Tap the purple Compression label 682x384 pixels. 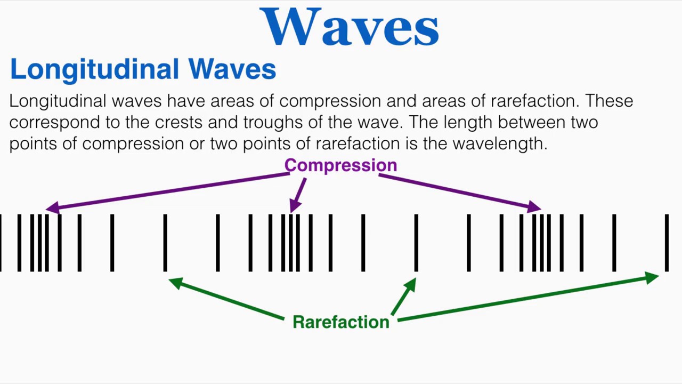point(340,165)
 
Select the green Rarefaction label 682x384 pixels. point(341,322)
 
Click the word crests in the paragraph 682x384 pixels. point(178,122)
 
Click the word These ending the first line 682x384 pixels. point(609,101)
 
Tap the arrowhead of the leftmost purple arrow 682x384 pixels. point(52,209)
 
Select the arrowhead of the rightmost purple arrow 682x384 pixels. point(534,207)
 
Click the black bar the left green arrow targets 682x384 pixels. point(165,243)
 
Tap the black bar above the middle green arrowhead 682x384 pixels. point(416,243)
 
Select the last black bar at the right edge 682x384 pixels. point(666,243)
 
